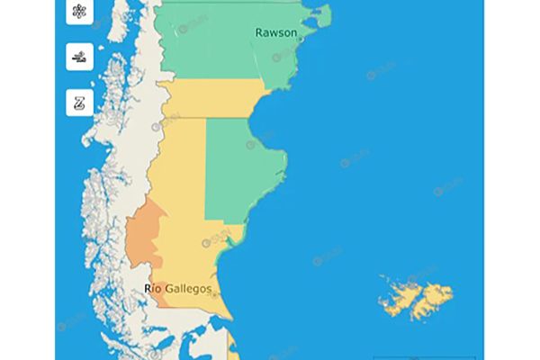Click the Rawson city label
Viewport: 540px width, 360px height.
275,32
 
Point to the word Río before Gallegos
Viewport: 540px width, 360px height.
155,288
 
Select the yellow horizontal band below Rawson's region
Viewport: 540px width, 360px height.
211,99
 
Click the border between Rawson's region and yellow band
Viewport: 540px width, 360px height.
211,80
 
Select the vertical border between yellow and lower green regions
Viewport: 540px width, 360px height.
206,171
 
